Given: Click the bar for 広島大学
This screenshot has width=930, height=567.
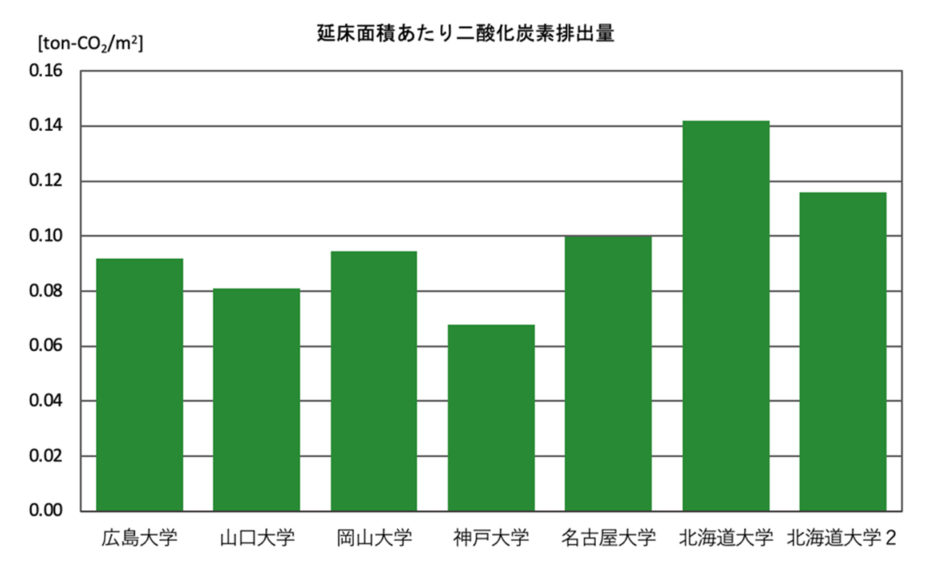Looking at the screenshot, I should click(139, 385).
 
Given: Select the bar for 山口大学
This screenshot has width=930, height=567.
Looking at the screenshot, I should click(256, 400).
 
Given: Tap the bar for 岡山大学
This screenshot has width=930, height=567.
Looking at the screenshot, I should click(373, 381).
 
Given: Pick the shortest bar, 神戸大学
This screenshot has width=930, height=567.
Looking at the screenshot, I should click(491, 418).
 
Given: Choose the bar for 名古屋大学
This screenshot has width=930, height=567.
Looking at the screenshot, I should click(608, 374).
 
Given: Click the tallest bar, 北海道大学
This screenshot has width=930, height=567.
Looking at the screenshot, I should click(725, 316).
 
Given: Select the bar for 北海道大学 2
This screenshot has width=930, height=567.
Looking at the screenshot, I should click(843, 352).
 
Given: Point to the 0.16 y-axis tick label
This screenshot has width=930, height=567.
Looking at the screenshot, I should click(46, 71).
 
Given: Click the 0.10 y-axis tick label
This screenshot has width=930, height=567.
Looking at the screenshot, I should click(46, 236).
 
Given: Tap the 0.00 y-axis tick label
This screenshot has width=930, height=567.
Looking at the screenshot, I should click(46, 511).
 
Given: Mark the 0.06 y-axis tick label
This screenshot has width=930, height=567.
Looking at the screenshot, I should click(46, 346).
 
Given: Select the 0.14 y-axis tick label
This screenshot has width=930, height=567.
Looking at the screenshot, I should click(46, 126).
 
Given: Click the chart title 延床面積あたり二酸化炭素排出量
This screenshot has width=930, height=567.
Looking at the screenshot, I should click(465, 33).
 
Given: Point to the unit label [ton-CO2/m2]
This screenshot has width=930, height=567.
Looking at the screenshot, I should click(90, 44).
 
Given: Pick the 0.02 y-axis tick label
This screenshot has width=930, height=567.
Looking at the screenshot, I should click(46, 457).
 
